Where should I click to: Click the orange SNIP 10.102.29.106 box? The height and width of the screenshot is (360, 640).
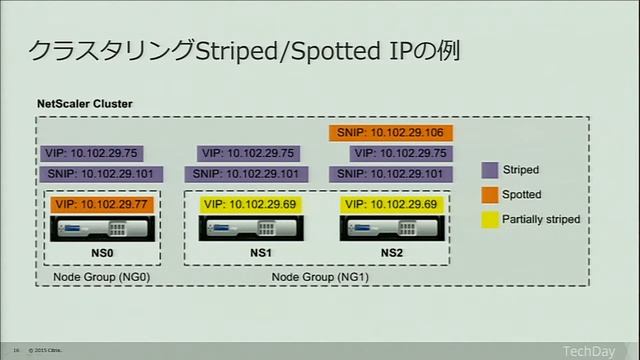coord(391,133)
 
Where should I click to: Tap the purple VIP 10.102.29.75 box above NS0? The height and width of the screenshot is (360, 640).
coord(91,153)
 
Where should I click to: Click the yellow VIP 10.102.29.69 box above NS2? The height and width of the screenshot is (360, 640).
coord(391,204)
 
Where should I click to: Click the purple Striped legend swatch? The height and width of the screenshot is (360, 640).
coord(489,170)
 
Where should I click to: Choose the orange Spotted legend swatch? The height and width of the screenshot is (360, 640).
coord(489,194)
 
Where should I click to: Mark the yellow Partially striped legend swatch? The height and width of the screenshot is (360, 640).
coord(489,218)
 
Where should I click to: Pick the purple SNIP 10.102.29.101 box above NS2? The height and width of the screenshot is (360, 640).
coord(392,173)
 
